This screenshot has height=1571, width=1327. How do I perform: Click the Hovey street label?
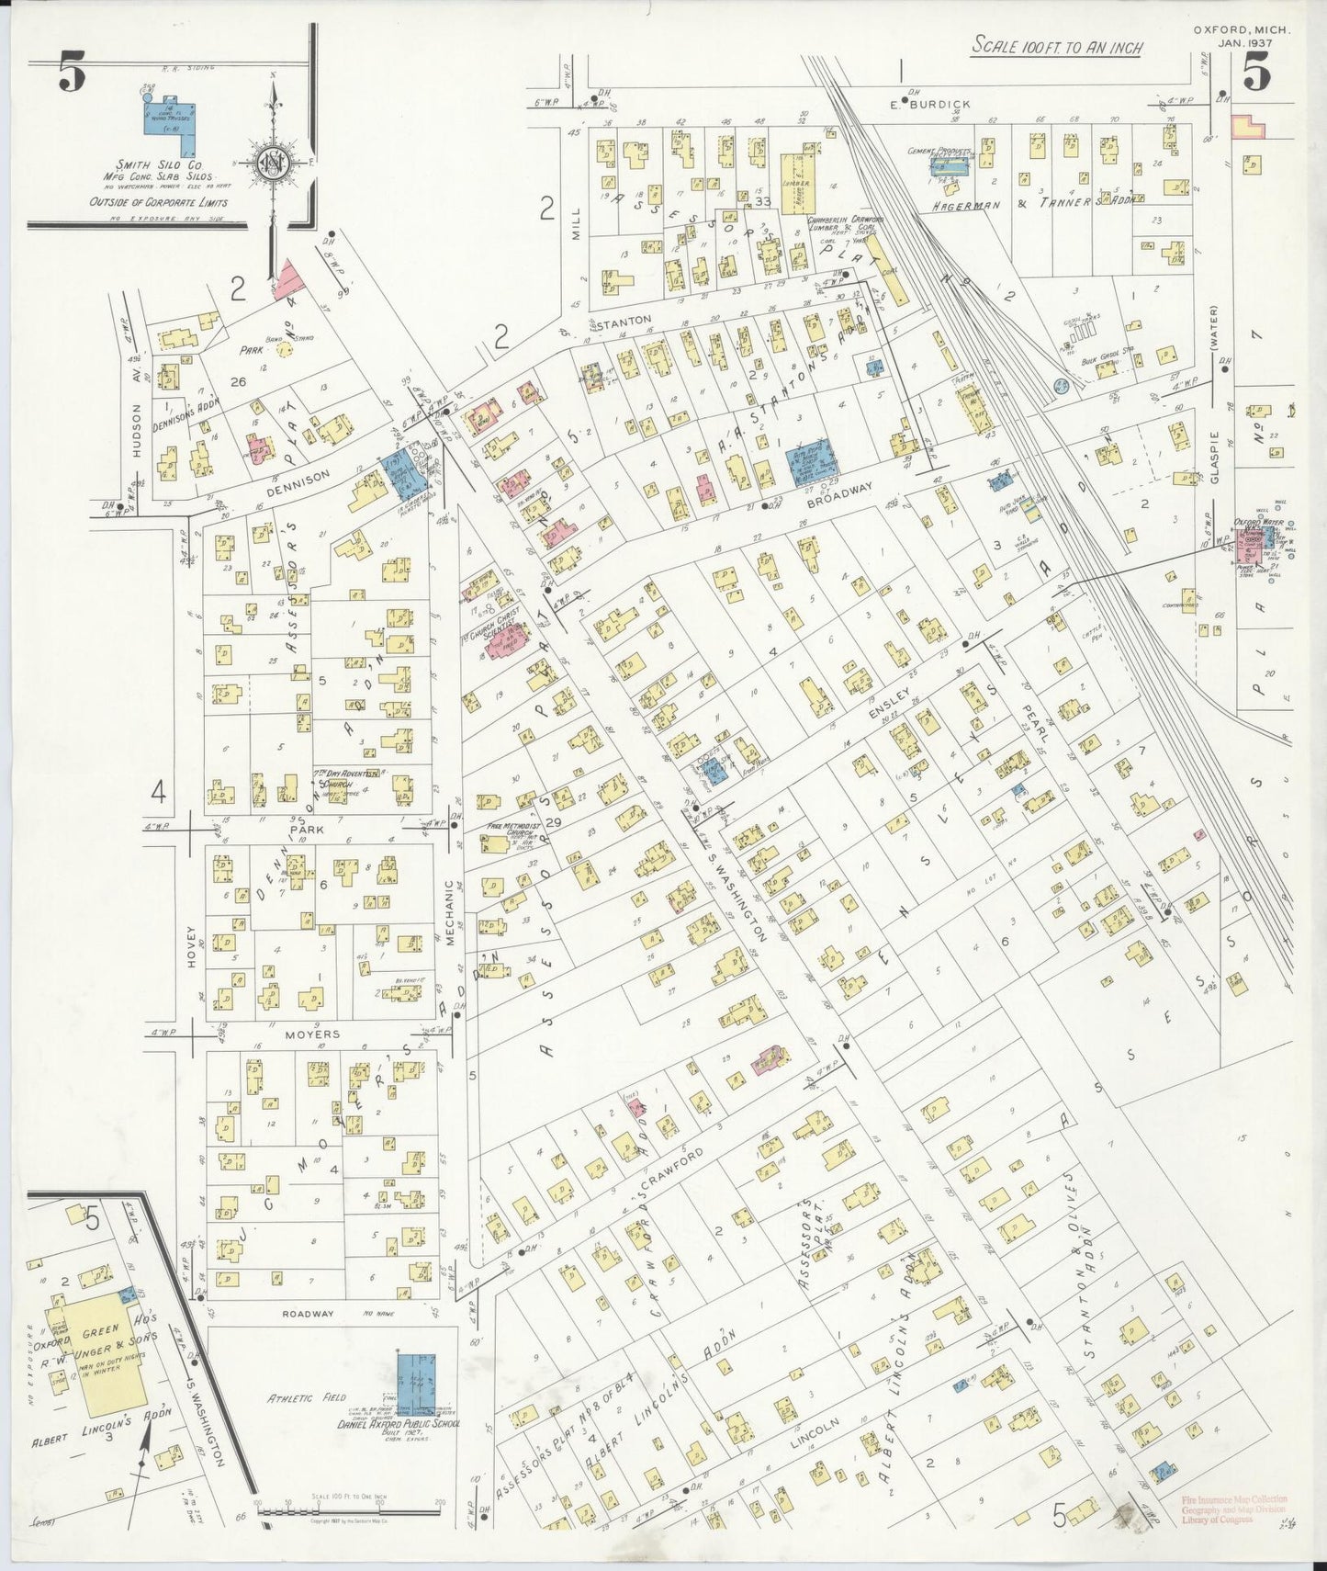192,946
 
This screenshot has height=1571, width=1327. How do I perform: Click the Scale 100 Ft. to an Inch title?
1056,47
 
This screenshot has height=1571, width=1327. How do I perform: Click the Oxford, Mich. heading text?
1242,29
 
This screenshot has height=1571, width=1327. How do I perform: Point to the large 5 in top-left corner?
73,72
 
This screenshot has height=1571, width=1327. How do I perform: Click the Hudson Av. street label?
137,432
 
